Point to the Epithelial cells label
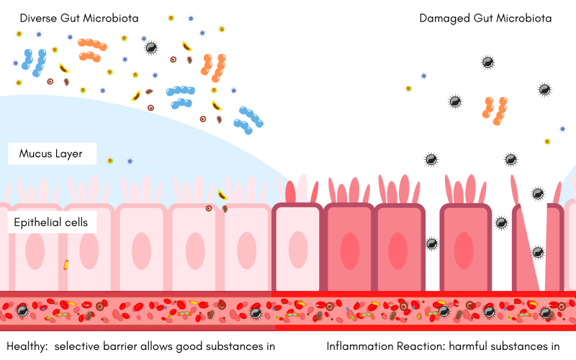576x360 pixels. (50, 222)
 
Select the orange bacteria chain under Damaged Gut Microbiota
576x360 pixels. (495, 111)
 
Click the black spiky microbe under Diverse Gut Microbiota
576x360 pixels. (151, 48)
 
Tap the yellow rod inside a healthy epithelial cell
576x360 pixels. (66, 265)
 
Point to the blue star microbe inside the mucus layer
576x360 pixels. (130, 161)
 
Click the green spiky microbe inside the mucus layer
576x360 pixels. (110, 161)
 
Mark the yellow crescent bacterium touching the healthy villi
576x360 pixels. (222, 195)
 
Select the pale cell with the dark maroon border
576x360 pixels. (297, 246)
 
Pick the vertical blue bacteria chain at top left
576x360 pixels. (34, 63)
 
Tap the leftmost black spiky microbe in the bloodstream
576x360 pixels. (22, 311)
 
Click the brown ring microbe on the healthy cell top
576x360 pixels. (209, 208)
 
